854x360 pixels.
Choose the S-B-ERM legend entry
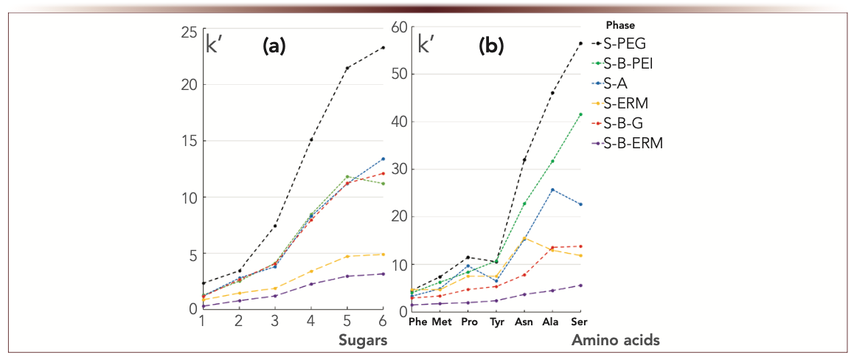tap(628, 143)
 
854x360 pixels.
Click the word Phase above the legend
tap(619, 25)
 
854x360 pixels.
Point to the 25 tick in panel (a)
tap(189, 32)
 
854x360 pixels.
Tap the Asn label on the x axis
tap(524, 322)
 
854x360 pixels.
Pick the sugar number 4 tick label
tap(310, 322)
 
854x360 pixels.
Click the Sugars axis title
tap(361, 341)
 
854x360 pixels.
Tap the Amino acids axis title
tap(615, 341)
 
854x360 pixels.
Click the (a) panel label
tap(274, 47)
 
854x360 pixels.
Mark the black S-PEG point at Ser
tap(580, 44)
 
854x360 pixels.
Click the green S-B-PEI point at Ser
tap(580, 114)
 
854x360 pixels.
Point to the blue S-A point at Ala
tap(552, 190)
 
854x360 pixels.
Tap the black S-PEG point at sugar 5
tap(347, 69)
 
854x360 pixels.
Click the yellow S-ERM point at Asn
tap(524, 238)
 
